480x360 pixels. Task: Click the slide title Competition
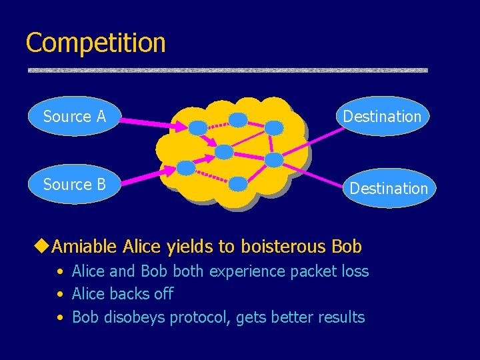coord(95,43)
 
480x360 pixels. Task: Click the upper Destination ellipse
coord(382,117)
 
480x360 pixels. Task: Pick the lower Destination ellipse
coord(388,189)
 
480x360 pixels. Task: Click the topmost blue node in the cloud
coord(238,120)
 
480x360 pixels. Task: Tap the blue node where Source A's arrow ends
coord(197,127)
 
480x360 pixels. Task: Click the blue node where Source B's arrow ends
coord(187,167)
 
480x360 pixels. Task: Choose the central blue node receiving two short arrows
coord(224,152)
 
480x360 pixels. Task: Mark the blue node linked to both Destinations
coord(274,159)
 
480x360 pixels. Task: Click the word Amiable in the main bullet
coord(85,247)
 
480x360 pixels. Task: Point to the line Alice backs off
coord(122,294)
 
